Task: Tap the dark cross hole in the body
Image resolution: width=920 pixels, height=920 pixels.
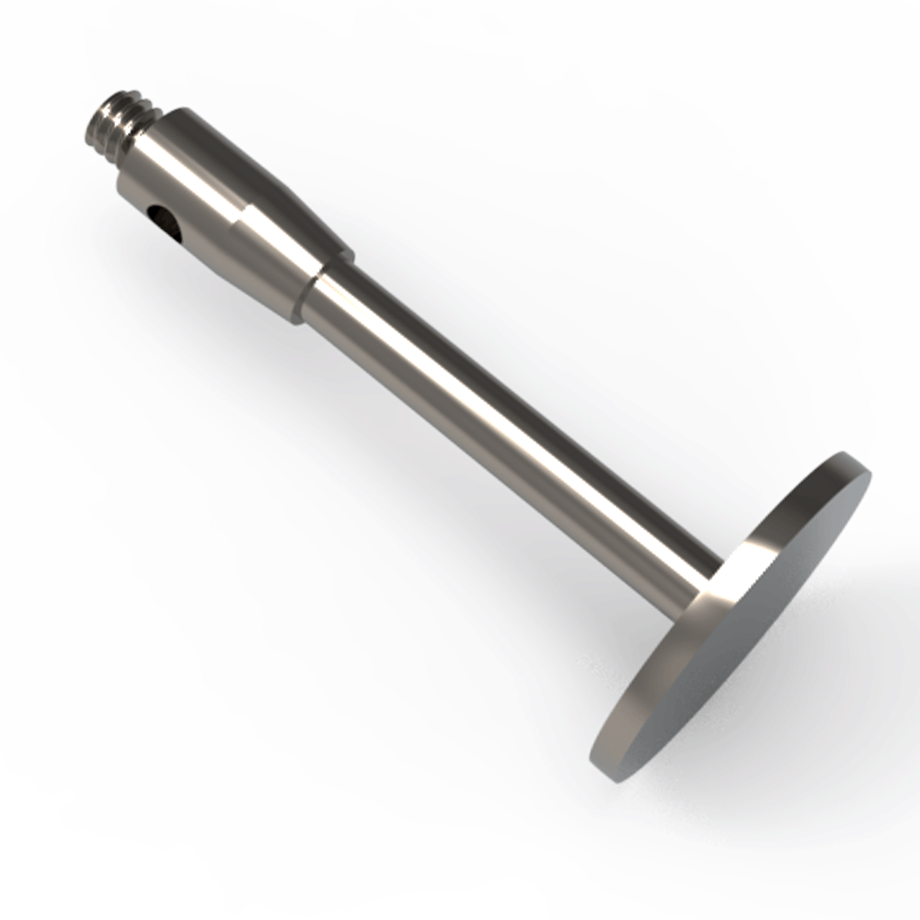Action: tap(163, 219)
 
